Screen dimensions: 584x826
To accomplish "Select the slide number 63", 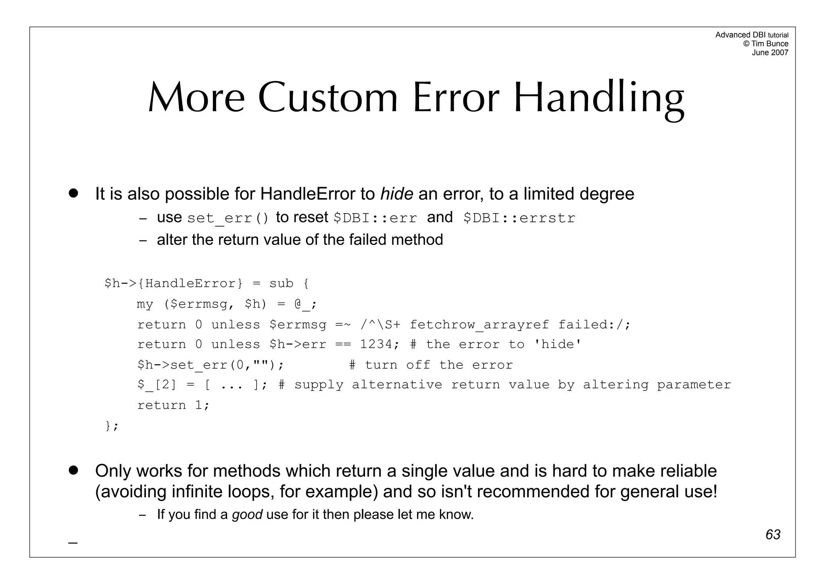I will (773, 534).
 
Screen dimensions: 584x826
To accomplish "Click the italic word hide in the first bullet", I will (396, 194).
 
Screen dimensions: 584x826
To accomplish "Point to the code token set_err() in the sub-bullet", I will (228, 218).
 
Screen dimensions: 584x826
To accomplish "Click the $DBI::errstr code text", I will (519, 218).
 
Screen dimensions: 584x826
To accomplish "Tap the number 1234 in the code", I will (376, 344).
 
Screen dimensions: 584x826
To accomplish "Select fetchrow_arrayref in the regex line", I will (479, 325).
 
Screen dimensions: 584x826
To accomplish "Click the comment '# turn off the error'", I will (431, 365).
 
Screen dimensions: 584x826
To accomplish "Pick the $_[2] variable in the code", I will (157, 385).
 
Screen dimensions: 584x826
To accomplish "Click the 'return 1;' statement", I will (173, 405).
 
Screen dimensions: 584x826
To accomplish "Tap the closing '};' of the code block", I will (111, 426).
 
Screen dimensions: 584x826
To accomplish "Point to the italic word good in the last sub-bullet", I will (247, 515).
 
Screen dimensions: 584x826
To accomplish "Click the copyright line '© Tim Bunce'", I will (766, 44).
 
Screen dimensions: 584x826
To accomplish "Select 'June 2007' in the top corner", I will (770, 52).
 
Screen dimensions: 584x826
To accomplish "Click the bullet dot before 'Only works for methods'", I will (73, 470).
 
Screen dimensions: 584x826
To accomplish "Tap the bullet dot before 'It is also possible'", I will (73, 193).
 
